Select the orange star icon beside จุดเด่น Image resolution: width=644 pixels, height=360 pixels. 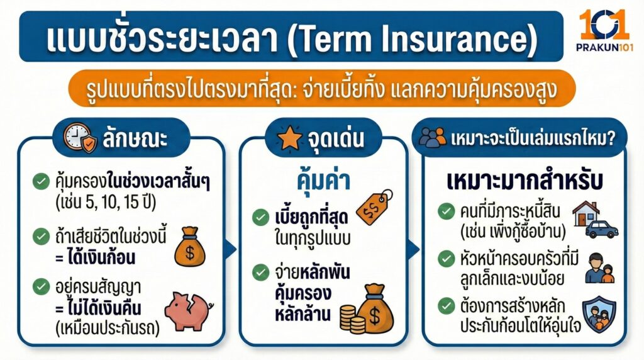(x=290, y=138)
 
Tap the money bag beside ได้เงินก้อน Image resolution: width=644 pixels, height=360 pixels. (x=189, y=248)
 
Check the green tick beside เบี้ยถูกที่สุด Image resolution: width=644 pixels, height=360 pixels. (x=260, y=218)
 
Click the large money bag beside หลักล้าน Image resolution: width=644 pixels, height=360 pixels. (x=378, y=308)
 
